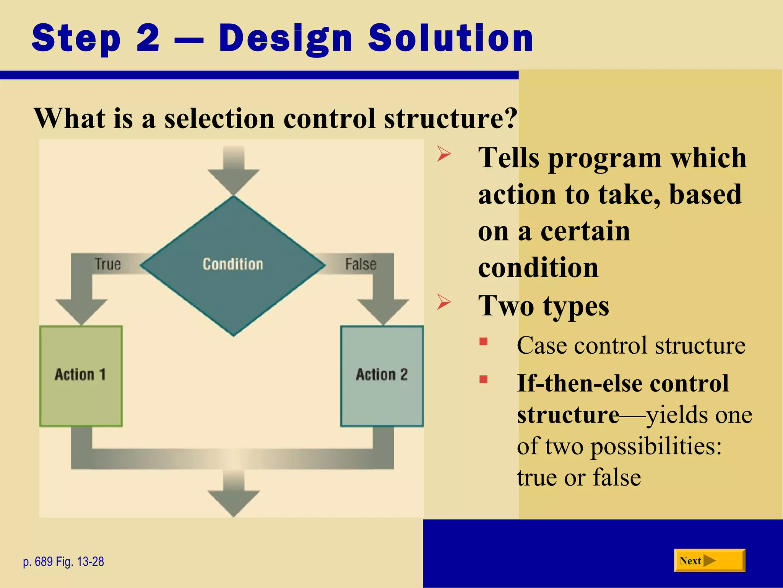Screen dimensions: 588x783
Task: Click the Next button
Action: tap(709, 560)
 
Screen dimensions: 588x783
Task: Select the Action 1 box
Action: tap(81, 376)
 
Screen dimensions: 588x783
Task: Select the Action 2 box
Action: tap(382, 376)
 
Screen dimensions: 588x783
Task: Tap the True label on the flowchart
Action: tap(107, 264)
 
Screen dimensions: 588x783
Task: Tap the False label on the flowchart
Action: tap(361, 264)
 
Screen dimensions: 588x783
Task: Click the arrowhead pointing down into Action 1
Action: tap(81, 310)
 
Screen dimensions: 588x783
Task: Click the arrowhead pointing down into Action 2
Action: tap(383, 310)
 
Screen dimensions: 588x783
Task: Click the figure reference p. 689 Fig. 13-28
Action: tap(63, 562)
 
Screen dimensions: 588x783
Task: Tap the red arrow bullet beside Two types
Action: tap(444, 302)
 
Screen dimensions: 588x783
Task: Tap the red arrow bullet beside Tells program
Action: tap(444, 155)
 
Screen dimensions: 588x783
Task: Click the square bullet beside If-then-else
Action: tap(484, 379)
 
